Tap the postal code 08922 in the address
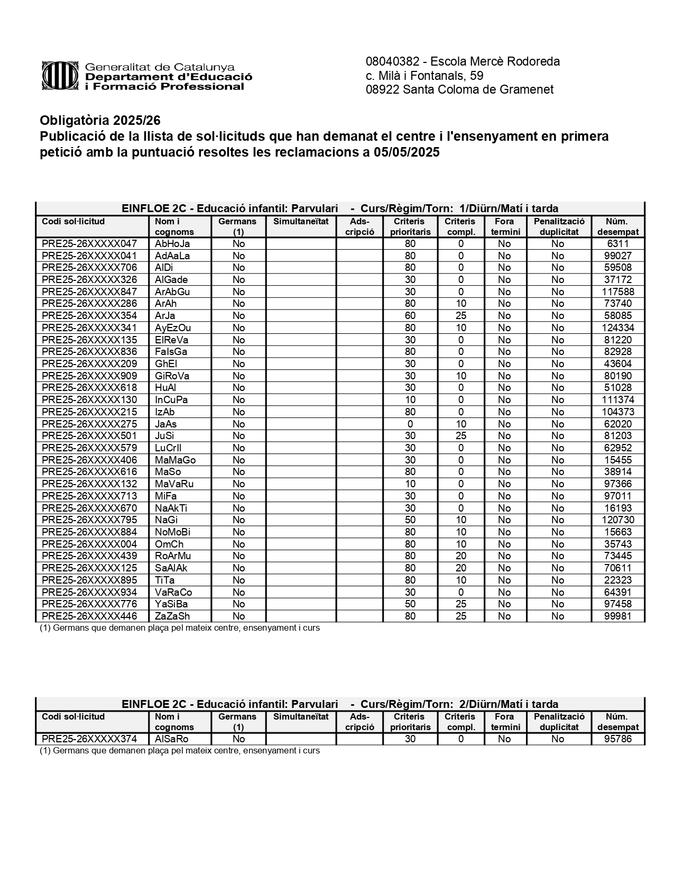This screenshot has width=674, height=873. click(382, 89)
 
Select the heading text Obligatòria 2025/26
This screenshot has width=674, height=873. click(100, 121)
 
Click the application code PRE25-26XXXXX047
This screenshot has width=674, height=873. click(89, 244)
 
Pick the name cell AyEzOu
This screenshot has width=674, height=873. click(173, 328)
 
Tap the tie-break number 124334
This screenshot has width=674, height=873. click(617, 328)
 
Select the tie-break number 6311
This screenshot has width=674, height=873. click(617, 244)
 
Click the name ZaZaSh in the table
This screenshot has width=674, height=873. click(172, 616)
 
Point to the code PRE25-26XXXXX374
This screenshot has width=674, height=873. click(89, 739)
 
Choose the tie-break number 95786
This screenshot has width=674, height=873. click(617, 739)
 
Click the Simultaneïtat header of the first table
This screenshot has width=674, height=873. click(301, 222)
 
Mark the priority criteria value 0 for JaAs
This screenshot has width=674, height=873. click(410, 424)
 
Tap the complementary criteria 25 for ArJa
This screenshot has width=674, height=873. click(461, 316)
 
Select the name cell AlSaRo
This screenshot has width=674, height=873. click(172, 739)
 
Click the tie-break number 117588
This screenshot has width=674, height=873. click(617, 292)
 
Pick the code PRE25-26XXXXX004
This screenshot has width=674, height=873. click(89, 544)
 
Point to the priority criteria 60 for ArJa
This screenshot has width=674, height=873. click(410, 316)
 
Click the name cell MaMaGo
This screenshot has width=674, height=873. click(175, 460)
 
